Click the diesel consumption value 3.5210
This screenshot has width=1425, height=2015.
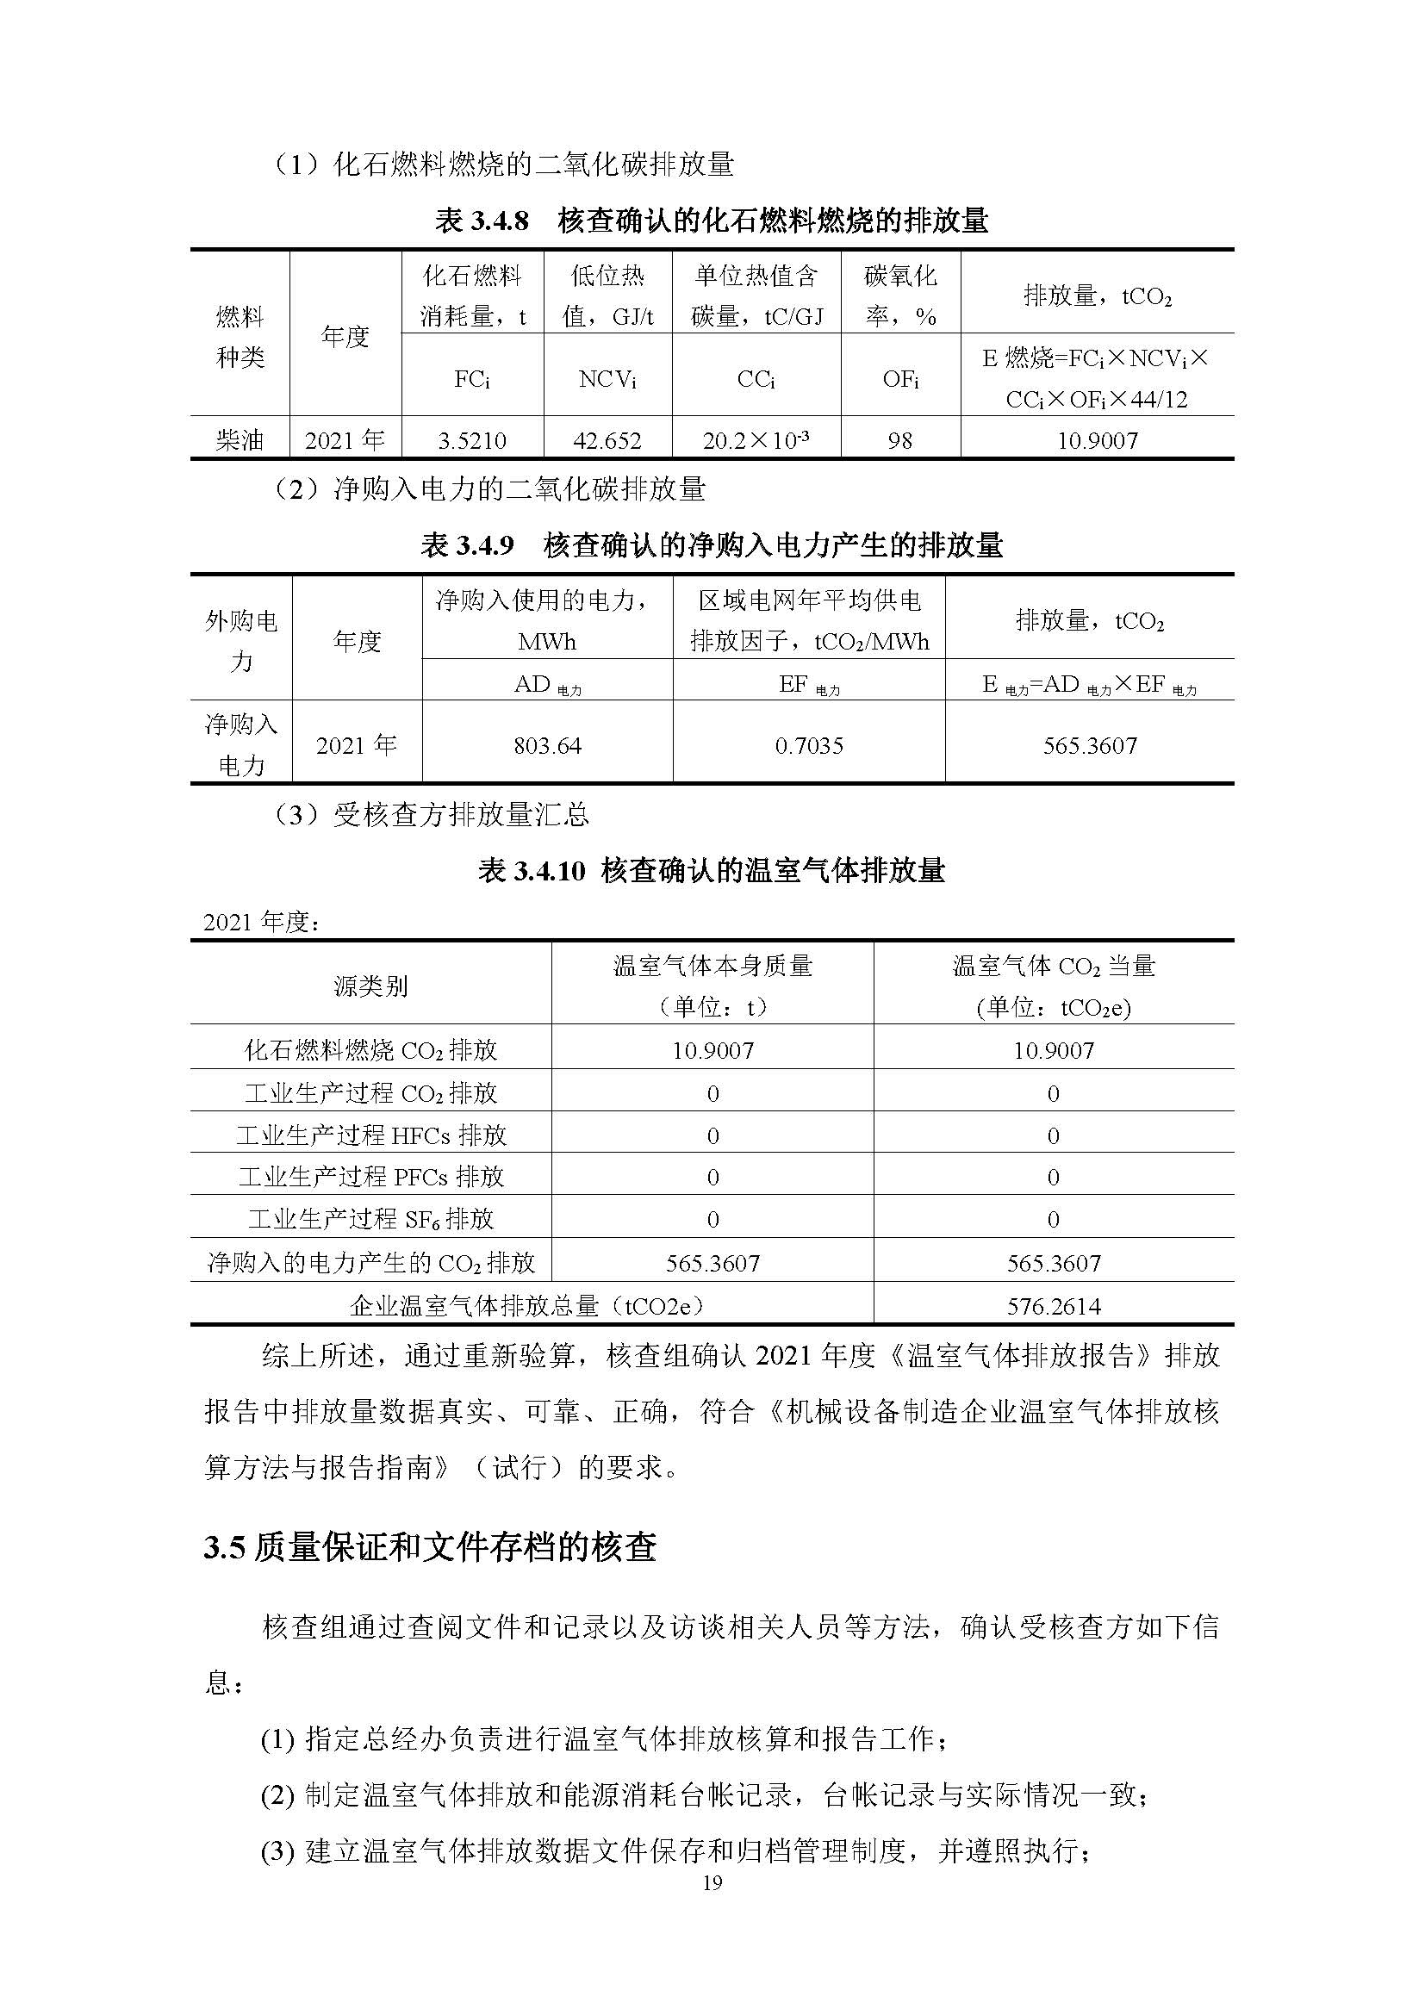(472, 439)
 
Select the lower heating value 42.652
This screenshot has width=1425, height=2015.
(607, 439)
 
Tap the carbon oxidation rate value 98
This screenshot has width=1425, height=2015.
(900, 439)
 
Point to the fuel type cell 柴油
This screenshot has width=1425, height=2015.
(240, 439)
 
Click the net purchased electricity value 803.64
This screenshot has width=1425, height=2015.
(548, 745)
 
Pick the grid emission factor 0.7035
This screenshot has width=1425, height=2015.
(809, 745)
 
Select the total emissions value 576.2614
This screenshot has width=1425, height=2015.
(1054, 1306)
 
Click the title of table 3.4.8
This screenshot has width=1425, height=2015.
(712, 221)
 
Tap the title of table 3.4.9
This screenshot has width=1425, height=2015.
(712, 545)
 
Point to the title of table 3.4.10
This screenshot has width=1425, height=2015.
(712, 871)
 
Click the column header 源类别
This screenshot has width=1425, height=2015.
(371, 986)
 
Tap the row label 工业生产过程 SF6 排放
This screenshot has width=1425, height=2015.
(371, 1218)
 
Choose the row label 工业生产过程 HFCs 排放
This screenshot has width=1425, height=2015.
(371, 1135)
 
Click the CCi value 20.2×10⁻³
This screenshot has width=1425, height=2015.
(756, 439)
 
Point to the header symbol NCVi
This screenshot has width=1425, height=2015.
(607, 379)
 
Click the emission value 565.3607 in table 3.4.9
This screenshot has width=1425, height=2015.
(1090, 745)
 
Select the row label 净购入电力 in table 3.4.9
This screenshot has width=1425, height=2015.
(241, 744)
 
